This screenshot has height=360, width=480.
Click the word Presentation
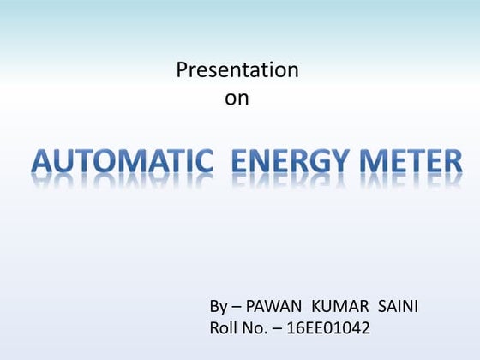(x=237, y=70)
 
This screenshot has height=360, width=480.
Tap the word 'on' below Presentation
(x=237, y=99)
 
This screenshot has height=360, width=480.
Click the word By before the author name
(x=219, y=307)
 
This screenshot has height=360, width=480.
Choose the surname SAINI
(x=396, y=307)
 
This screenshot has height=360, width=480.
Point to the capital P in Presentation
(x=182, y=70)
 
